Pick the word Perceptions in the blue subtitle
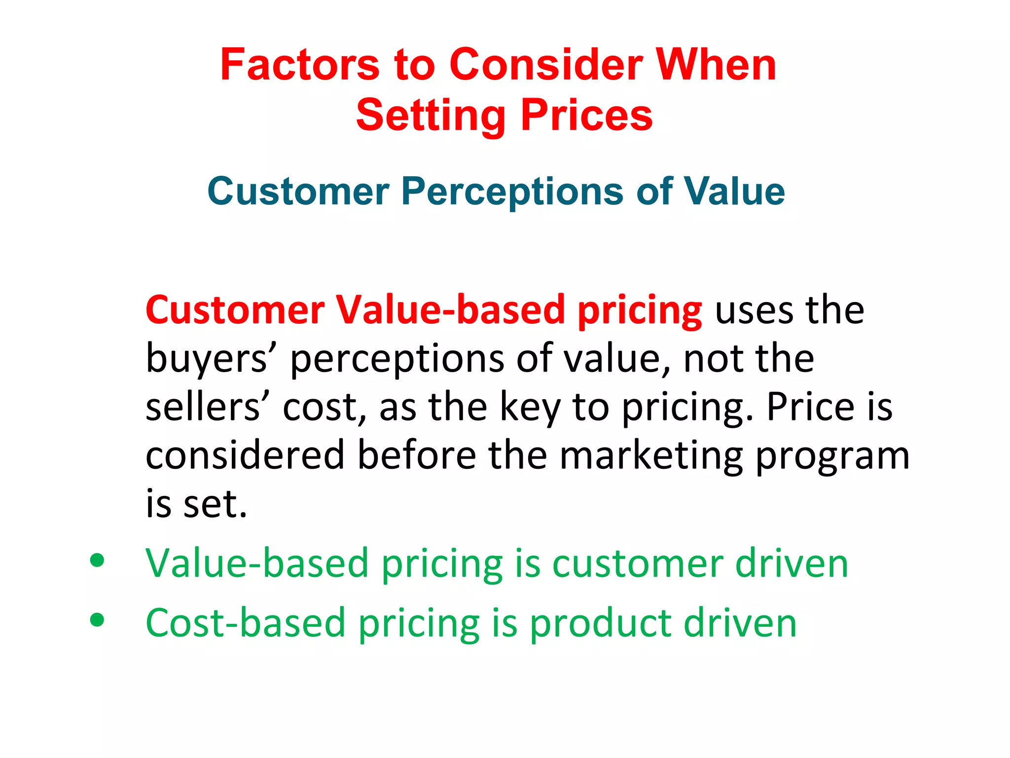point(512,192)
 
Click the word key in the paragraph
point(530,408)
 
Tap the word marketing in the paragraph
point(651,456)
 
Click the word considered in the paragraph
point(245,455)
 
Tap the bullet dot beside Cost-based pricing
point(97,619)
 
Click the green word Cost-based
point(245,623)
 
